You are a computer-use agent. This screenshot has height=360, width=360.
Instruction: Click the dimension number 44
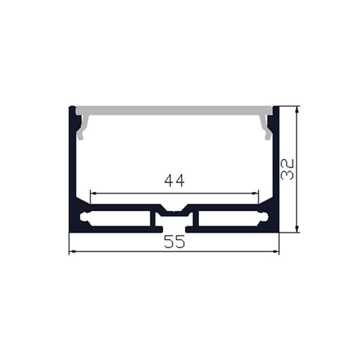click(x=174, y=181)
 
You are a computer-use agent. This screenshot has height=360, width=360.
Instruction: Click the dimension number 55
click(x=174, y=243)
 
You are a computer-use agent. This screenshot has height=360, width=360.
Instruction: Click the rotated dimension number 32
click(x=287, y=169)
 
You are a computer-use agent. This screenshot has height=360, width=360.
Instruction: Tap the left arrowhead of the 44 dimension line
click(x=93, y=193)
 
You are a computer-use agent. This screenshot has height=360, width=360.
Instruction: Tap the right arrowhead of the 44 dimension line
click(x=256, y=193)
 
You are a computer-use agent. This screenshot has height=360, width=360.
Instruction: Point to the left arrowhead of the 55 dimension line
click(x=71, y=252)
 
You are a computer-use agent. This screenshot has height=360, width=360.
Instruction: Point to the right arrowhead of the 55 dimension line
click(x=277, y=252)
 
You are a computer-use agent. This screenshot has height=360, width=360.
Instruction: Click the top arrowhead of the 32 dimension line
click(x=298, y=110)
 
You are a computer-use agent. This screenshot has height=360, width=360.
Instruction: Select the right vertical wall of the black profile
click(x=276, y=169)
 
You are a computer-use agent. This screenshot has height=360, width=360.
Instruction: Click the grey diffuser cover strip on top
click(x=174, y=110)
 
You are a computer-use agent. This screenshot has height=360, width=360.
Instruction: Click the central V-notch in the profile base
click(x=174, y=210)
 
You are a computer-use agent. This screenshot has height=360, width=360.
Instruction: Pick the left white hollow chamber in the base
click(x=120, y=219)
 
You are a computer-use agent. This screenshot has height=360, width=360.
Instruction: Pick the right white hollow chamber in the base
click(x=229, y=219)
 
